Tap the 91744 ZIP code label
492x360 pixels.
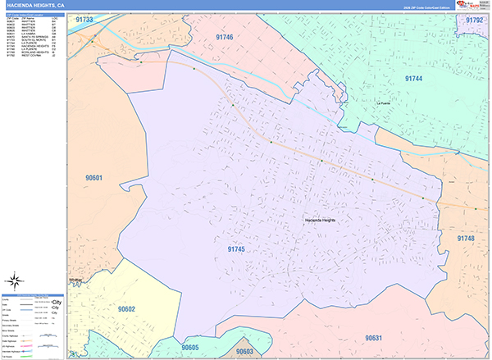(413, 78)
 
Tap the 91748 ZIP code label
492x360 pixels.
(466, 238)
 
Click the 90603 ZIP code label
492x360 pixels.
(244, 352)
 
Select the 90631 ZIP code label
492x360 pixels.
(373, 338)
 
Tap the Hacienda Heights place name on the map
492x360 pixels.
(321, 221)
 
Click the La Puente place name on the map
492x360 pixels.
(385, 104)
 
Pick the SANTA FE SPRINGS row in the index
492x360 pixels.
(24, 37)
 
